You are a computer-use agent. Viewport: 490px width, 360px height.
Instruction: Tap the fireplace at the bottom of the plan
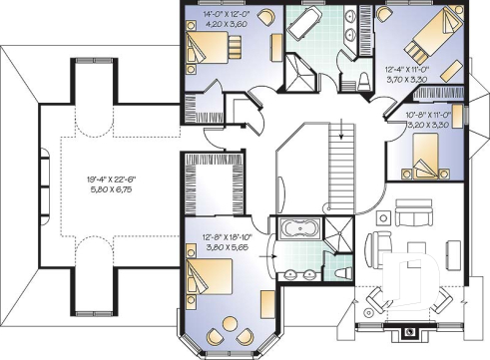click(x=407, y=332)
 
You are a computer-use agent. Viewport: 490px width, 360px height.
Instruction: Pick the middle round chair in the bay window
click(x=231, y=324)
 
